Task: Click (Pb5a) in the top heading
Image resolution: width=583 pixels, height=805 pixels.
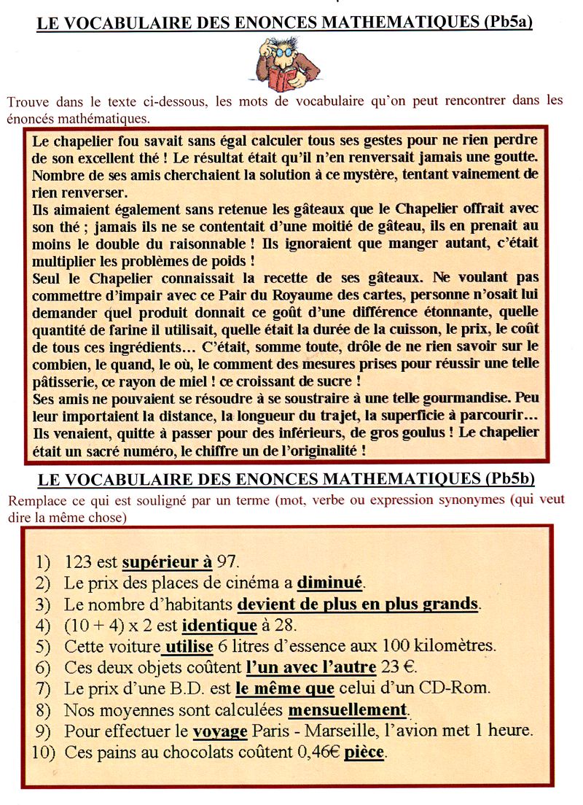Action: (x=508, y=23)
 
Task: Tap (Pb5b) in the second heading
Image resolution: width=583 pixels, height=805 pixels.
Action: (x=509, y=479)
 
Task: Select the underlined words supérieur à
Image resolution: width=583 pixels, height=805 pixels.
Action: (x=167, y=562)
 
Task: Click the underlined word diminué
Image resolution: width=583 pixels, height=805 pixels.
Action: (x=330, y=583)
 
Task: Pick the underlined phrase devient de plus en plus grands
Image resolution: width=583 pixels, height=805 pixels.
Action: (x=358, y=604)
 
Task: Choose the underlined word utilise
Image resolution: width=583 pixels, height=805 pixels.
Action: (x=189, y=647)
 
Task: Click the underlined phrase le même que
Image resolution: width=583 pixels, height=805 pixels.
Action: (x=285, y=688)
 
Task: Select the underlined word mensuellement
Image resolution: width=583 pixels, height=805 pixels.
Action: (x=348, y=709)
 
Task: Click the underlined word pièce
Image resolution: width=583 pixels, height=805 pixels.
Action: (x=364, y=752)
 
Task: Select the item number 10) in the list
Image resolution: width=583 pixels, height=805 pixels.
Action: (x=44, y=752)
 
